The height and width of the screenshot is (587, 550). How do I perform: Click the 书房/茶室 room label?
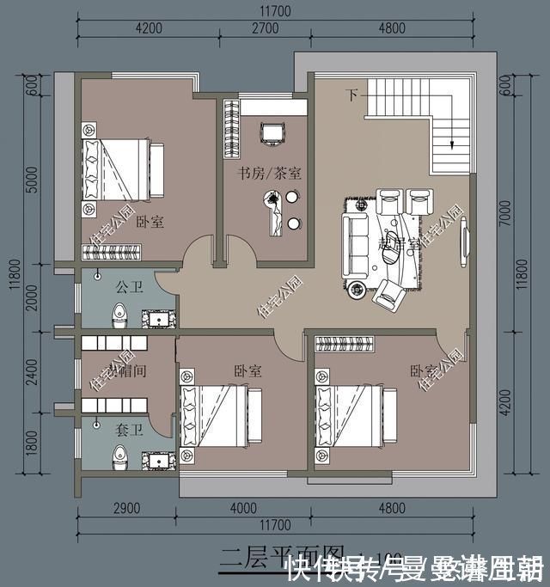(x=269, y=173)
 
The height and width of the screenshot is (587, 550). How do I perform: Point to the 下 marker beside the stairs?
(x=351, y=93)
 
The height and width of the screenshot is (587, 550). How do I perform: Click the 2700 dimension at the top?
(x=264, y=28)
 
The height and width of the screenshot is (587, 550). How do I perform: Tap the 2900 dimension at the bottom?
(x=127, y=508)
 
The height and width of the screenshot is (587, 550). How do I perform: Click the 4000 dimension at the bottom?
(x=243, y=508)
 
